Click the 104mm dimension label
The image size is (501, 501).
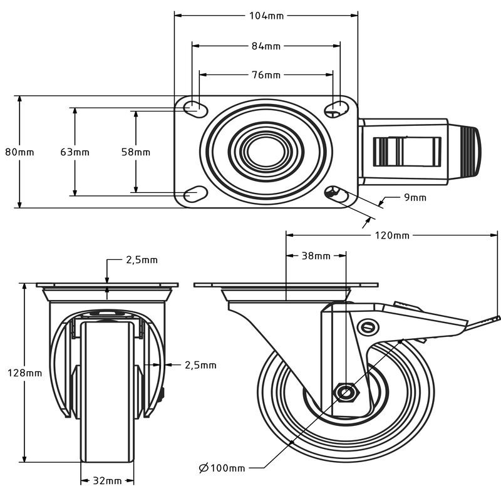click(x=267, y=16)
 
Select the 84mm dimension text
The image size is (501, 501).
click(x=266, y=46)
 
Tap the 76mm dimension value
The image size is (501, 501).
click(x=266, y=75)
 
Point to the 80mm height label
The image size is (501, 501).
click(x=19, y=152)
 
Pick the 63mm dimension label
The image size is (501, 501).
click(x=75, y=152)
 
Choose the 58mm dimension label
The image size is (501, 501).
click(x=136, y=152)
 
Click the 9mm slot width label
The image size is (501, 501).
click(x=415, y=197)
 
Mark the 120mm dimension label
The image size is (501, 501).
click(x=392, y=235)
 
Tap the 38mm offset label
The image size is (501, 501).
click(x=316, y=256)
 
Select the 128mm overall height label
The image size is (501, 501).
click(x=25, y=373)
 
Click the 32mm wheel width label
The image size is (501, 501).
click(x=107, y=480)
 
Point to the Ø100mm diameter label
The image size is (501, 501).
click(x=222, y=468)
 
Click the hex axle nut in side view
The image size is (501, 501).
click(x=346, y=391)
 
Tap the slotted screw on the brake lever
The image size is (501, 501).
click(x=368, y=327)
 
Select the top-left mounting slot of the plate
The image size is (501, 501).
click(x=195, y=107)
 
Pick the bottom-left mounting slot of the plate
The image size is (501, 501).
click(x=195, y=194)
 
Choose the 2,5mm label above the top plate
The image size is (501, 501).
click(x=142, y=260)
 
